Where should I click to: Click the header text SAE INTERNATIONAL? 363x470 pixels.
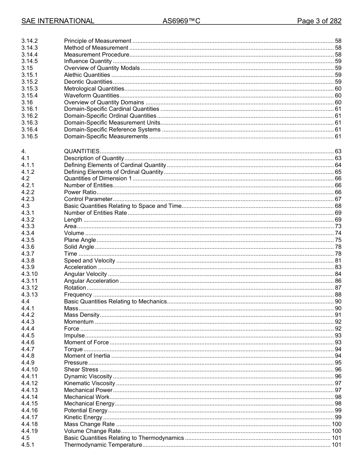click(x=58, y=21)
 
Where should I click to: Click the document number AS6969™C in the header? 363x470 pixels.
click(x=181, y=21)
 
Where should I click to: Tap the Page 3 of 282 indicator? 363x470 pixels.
click(x=319, y=21)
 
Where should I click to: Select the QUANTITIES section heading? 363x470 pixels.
click(x=82, y=151)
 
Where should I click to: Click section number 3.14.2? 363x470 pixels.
click(x=29, y=41)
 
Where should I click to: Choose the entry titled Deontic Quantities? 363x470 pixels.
click(x=88, y=82)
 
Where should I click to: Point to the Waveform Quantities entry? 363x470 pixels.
click(x=91, y=96)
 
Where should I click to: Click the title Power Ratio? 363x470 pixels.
click(x=80, y=192)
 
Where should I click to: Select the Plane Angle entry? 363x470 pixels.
click(x=80, y=240)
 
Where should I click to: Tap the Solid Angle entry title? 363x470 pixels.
click(x=79, y=247)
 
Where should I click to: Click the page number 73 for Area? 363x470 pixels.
click(x=338, y=227)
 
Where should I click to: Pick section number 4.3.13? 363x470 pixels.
click(x=29, y=295)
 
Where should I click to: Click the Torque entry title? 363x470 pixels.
click(x=73, y=349)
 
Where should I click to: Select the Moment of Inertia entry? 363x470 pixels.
click(x=87, y=356)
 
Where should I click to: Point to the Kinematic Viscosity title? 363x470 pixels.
click(x=89, y=383)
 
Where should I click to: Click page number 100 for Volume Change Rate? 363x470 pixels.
click(x=336, y=431)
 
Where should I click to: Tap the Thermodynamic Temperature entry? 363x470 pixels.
click(x=103, y=445)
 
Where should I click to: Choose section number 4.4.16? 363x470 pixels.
click(x=29, y=410)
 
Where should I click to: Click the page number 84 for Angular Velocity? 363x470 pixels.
click(x=338, y=274)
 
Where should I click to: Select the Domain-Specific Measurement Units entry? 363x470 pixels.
click(x=112, y=123)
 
